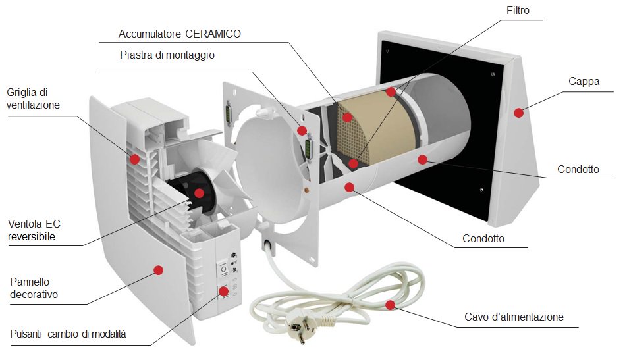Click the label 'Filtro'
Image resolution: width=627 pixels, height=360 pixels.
point(518,11)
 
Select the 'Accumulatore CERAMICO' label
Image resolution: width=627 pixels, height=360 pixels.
point(179,34)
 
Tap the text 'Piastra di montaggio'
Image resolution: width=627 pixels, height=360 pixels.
point(167,55)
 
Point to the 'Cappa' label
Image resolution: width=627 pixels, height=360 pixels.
point(584,81)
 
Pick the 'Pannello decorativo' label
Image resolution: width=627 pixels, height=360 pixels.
point(34,288)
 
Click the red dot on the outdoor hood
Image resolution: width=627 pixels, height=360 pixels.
point(519,113)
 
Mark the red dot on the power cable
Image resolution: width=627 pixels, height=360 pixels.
point(391,305)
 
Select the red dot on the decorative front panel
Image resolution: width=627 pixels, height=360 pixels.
point(158,269)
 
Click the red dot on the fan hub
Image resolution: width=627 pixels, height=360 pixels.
point(199,193)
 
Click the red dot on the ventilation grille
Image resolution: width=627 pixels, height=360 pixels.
point(134,159)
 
